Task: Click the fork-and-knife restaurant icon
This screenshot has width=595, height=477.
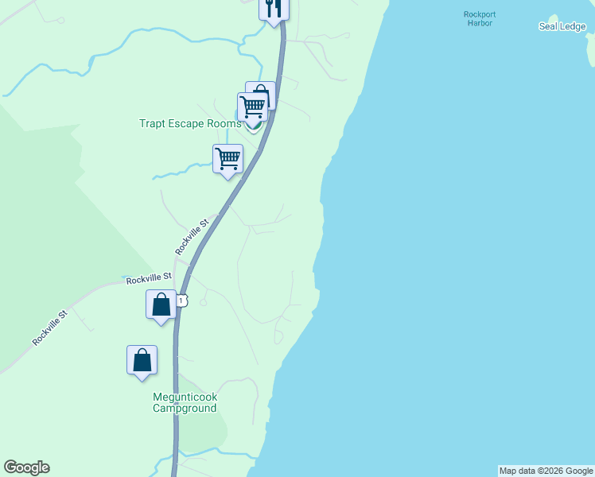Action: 274,9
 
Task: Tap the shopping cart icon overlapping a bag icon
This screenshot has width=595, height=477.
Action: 252,107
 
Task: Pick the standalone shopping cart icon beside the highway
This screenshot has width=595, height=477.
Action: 227,158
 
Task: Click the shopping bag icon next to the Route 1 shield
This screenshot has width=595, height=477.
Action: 161,305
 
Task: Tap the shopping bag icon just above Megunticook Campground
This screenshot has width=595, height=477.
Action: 142,360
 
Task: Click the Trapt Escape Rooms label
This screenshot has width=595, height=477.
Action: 190,123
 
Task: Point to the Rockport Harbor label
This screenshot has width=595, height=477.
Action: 479,18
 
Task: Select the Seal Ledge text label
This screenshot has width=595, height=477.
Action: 562,26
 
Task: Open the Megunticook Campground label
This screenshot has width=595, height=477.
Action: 185,403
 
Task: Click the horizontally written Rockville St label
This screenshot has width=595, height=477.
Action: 149,277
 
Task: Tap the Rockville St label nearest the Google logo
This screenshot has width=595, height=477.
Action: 51,327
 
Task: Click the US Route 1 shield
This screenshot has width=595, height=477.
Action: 182,300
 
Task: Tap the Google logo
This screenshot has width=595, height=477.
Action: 26,467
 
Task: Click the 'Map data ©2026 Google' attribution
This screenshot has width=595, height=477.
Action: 546,471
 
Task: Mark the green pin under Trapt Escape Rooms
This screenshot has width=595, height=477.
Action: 253,129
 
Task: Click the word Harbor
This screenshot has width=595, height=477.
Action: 480,23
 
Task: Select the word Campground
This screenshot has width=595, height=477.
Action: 185,409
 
